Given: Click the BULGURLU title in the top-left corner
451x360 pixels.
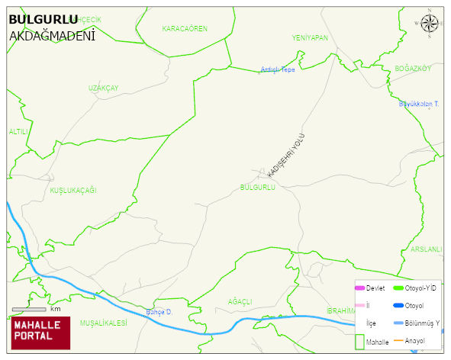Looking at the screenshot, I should [x=43, y=20].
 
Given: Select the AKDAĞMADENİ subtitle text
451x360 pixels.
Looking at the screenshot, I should [x=52, y=35].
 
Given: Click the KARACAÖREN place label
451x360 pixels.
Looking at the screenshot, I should [x=184, y=28].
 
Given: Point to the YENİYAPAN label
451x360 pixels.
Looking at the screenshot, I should [x=310, y=37].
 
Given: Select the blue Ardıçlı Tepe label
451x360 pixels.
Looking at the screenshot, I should [x=278, y=69].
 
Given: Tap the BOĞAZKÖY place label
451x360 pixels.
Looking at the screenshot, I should [x=413, y=69].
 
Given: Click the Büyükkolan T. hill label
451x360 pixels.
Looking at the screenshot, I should [x=419, y=104].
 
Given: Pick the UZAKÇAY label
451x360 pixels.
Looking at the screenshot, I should [x=103, y=88].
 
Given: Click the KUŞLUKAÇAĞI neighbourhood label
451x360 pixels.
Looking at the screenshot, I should [x=72, y=190].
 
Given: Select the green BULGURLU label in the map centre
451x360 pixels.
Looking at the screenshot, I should [x=257, y=187].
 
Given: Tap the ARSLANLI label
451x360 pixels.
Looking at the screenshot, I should [x=426, y=249].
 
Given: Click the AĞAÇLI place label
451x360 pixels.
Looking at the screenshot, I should [x=240, y=302].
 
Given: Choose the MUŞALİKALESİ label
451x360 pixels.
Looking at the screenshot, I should [x=103, y=323].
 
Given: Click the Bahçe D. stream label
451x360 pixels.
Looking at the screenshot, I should [x=160, y=313].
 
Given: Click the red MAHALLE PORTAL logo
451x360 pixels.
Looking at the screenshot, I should [x=40, y=333].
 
